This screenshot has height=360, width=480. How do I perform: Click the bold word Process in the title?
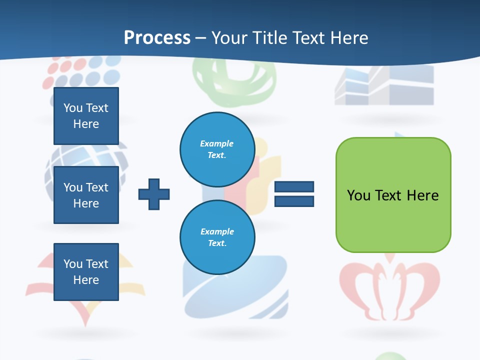[x=157, y=38]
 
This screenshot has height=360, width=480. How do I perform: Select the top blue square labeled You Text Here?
[x=86, y=116]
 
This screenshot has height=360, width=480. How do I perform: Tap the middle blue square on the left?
[x=86, y=195]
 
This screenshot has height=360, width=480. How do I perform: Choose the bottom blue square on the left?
[x=86, y=272]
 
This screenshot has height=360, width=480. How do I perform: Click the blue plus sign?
[x=154, y=194]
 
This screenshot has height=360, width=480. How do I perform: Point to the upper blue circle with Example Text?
[x=217, y=149]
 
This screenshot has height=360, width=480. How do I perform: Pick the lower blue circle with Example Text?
[x=217, y=237]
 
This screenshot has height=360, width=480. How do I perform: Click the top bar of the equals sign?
[x=294, y=187]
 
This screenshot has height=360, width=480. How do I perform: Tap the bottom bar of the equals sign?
[x=294, y=201]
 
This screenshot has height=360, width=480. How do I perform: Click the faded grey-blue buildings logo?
[x=384, y=85]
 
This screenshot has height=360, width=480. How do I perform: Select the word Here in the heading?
[x=349, y=38]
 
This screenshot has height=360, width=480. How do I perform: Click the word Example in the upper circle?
[x=217, y=143]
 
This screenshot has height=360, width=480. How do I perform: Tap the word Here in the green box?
[x=422, y=195]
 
